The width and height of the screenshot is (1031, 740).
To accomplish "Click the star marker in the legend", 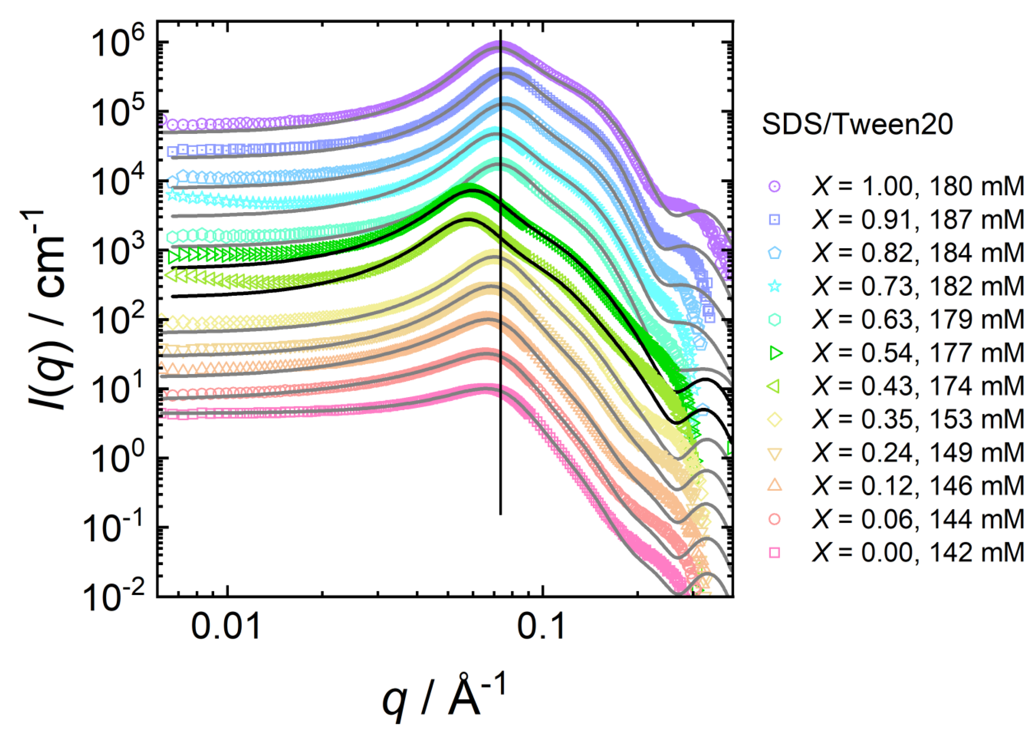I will click(775, 287).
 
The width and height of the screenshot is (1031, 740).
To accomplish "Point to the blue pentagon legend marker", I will click(775, 253).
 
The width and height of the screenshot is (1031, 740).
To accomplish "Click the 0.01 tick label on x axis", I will click(226, 627).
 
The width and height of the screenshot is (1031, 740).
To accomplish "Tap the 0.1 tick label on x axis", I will click(541, 627).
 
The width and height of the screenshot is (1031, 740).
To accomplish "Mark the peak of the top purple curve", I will click(498, 45).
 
